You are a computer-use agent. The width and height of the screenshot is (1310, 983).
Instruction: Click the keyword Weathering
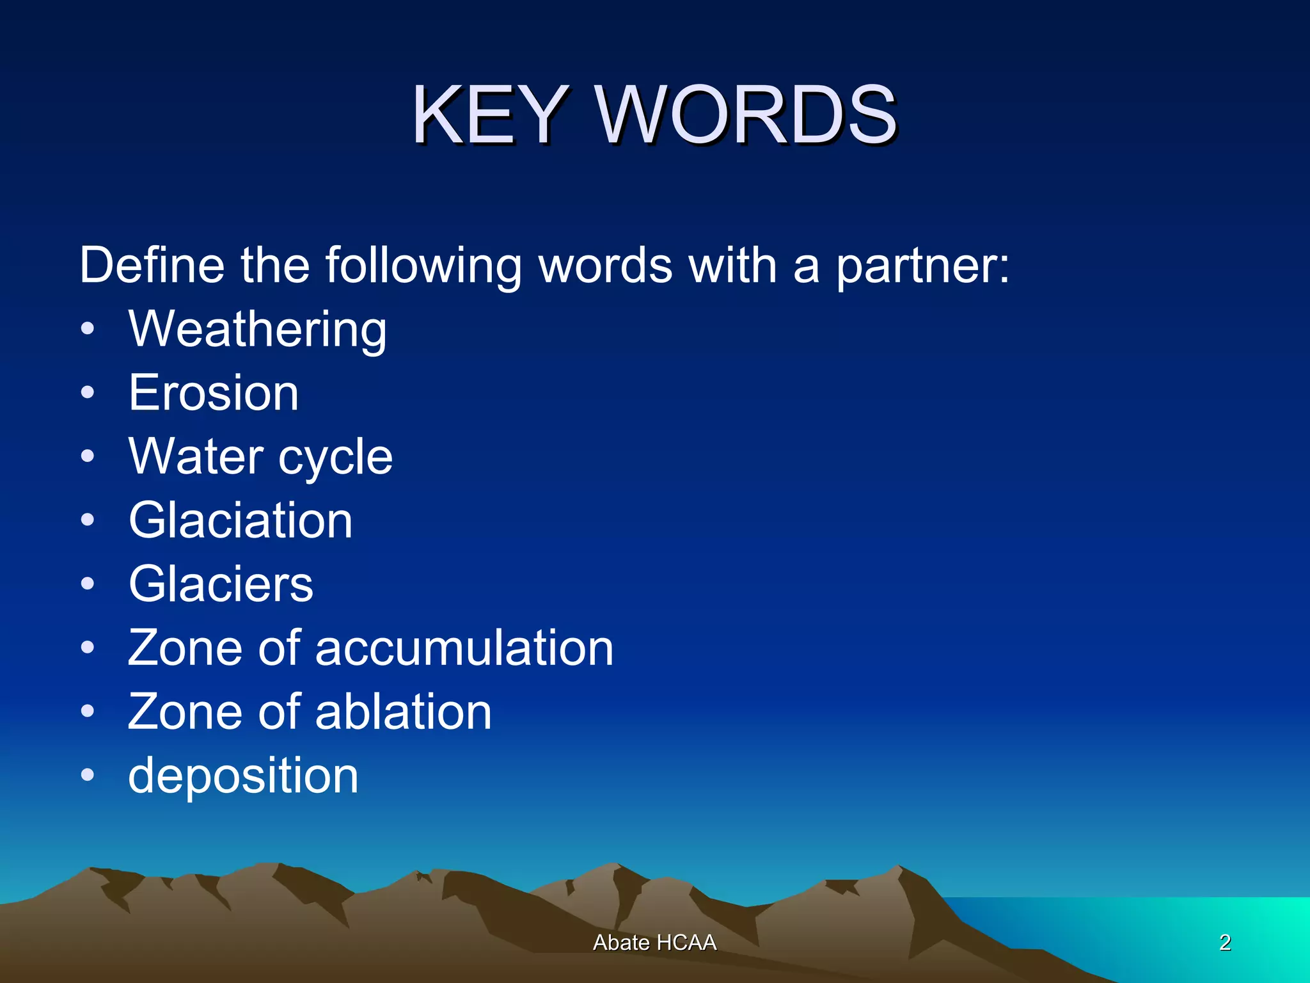click(x=258, y=329)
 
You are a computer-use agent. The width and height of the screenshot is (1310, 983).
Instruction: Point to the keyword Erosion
click(x=214, y=393)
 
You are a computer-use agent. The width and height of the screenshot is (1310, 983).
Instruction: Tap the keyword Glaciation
click(x=241, y=520)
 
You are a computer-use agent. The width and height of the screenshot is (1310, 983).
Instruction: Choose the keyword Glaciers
click(x=221, y=584)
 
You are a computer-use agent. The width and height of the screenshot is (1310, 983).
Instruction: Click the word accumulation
click(x=464, y=648)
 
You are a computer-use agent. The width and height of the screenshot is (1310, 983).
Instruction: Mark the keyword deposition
click(x=243, y=776)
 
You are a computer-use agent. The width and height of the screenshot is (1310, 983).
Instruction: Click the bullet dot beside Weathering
click(x=88, y=330)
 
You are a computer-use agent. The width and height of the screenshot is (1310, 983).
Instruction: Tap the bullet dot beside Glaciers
click(x=88, y=584)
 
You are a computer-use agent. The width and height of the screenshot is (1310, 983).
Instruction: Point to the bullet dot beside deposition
click(x=88, y=776)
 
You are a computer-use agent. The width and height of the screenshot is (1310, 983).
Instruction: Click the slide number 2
click(x=1225, y=943)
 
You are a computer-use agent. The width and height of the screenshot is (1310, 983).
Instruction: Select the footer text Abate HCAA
click(x=654, y=943)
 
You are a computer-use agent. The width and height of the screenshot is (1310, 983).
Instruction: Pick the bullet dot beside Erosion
click(x=88, y=393)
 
